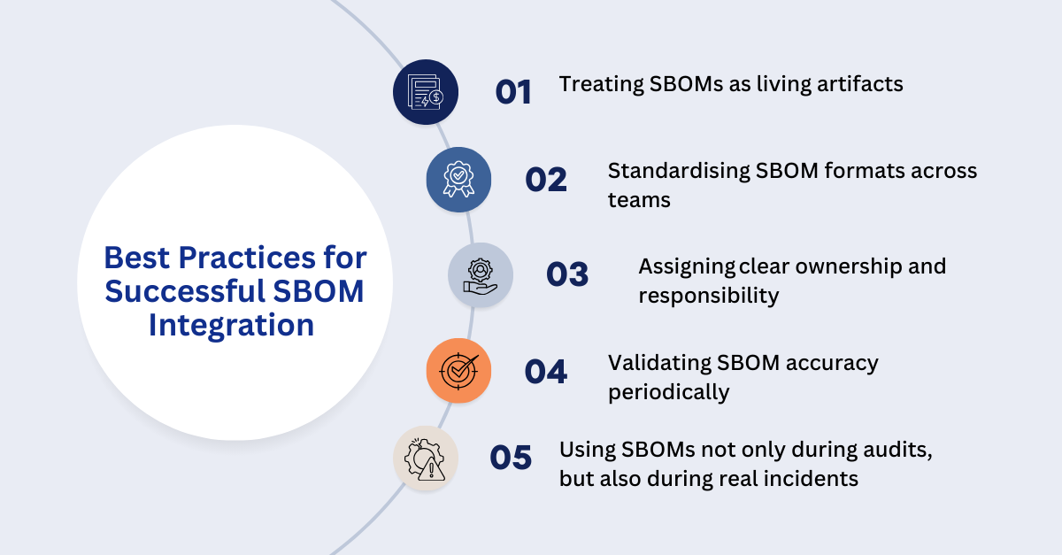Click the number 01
(513, 92)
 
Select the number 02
(546, 180)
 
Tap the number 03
(567, 275)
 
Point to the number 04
(546, 372)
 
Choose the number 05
(511, 458)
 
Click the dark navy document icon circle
(426, 92)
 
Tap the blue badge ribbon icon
(458, 180)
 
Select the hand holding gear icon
(481, 275)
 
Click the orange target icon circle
(458, 371)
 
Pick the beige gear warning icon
(426, 459)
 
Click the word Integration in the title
(231, 325)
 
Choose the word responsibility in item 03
(708, 296)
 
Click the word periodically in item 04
(668, 392)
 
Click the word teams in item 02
(639, 200)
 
